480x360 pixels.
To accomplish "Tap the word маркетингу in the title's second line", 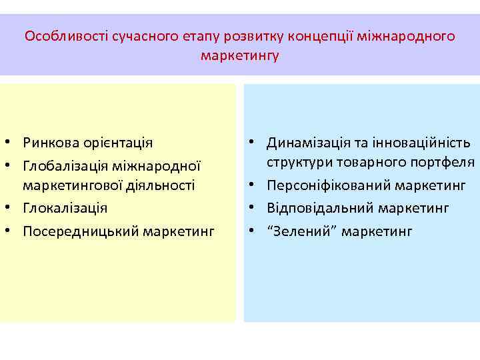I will (240, 55).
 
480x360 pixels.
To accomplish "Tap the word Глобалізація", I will (63, 165).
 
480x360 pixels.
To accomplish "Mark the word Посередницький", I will (75, 231).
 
